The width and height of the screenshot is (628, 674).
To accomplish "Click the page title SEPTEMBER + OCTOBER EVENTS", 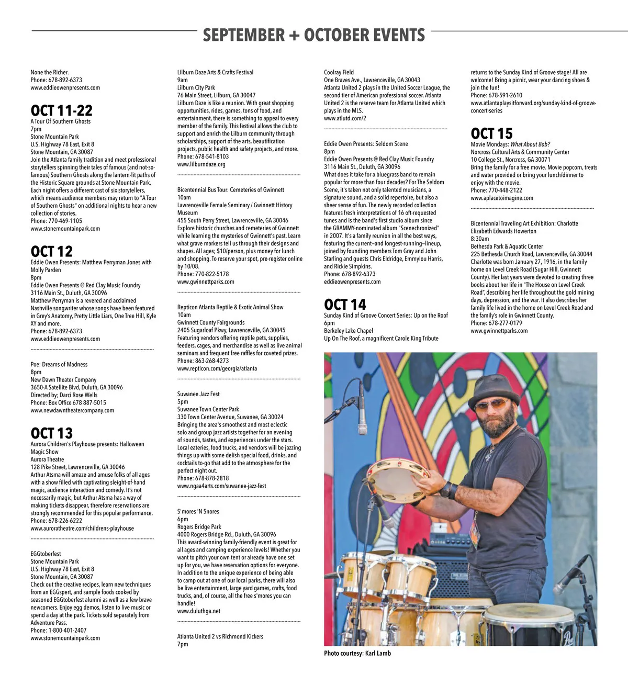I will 313,35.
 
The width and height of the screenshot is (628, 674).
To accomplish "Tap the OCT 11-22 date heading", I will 61,110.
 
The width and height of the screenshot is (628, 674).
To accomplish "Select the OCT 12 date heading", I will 51,251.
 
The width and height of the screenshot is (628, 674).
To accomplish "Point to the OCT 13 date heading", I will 51,433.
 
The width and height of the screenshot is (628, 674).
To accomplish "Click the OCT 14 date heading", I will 345,305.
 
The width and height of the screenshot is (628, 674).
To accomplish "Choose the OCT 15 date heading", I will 491,133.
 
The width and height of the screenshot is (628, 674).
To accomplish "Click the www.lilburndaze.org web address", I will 201,164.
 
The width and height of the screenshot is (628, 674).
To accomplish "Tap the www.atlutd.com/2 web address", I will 345,118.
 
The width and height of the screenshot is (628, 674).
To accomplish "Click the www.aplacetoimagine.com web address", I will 501,198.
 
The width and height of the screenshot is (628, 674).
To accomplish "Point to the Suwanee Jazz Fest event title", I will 198,394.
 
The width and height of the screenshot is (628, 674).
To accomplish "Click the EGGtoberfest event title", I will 46,554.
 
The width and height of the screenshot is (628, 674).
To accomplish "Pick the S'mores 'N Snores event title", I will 198,511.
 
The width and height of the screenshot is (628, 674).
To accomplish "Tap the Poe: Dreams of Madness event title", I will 59,364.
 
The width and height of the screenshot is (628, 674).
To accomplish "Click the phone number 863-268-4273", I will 211,361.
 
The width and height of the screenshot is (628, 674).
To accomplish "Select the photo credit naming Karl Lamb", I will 357,653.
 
